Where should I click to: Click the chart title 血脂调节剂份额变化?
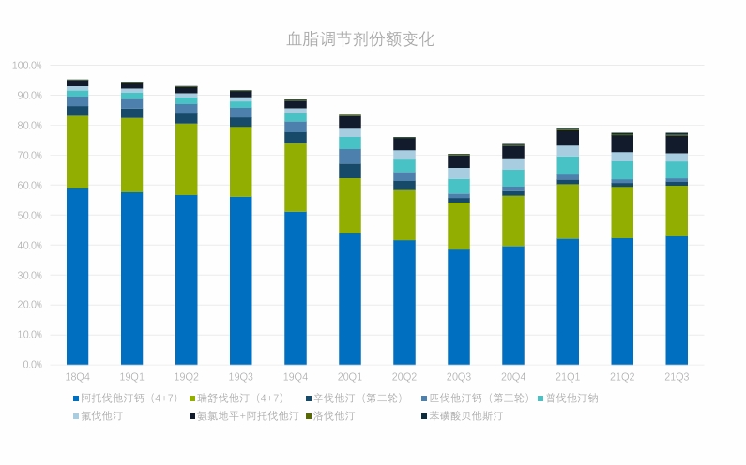coord(360,39)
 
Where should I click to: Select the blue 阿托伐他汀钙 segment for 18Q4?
coord(77,277)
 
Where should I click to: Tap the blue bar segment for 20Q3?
coord(458,307)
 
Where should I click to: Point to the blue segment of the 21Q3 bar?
coord(676,300)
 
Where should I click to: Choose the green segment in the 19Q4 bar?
coord(295,177)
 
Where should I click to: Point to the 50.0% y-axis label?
coord(28,216)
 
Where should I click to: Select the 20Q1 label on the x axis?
coord(349,377)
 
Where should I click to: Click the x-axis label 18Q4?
coord(77,377)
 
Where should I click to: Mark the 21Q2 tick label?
coord(621,377)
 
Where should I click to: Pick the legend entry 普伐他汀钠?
coord(571,398)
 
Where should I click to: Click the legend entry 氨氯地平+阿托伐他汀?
coord(247,415)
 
